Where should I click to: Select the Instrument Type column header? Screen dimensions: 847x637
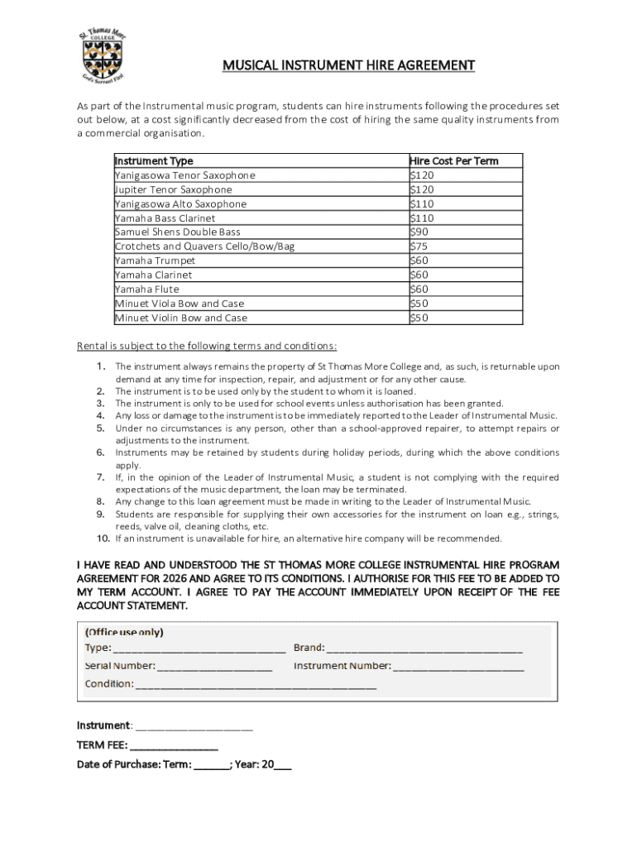154,160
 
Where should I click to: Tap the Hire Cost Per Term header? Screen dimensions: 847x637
454,160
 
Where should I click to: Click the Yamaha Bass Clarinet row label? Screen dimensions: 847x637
165,218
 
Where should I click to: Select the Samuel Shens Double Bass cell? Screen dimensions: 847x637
177,232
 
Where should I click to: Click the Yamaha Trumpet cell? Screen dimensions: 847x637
155,261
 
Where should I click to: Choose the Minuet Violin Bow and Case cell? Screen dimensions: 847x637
180,318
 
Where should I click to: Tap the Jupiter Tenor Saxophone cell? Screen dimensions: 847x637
173,189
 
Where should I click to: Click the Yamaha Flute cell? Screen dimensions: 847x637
146,290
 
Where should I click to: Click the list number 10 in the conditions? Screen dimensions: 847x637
103,538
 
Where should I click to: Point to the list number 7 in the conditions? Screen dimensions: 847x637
100,477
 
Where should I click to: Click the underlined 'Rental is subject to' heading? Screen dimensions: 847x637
206,346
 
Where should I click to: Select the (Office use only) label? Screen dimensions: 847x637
124,632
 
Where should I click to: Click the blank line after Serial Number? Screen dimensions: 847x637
214,667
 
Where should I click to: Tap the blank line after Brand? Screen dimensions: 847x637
424,649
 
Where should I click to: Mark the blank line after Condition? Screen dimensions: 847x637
256,686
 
